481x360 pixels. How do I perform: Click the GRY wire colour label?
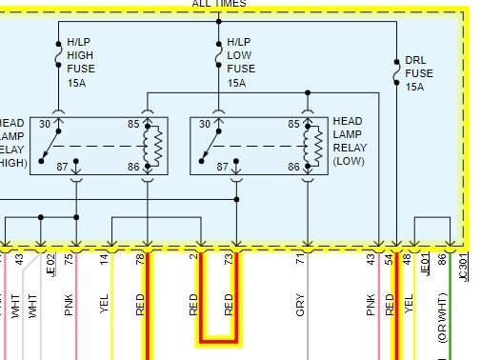(x=300, y=304)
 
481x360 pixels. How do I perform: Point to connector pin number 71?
(x=300, y=259)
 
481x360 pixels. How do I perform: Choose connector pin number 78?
(x=140, y=259)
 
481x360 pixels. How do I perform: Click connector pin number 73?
(x=229, y=259)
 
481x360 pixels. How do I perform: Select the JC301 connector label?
(x=464, y=262)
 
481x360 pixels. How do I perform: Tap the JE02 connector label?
(x=50, y=262)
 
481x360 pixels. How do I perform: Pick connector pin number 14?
(x=105, y=259)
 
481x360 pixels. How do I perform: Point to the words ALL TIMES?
(x=219, y=4)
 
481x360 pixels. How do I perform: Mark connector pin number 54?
(x=389, y=259)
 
